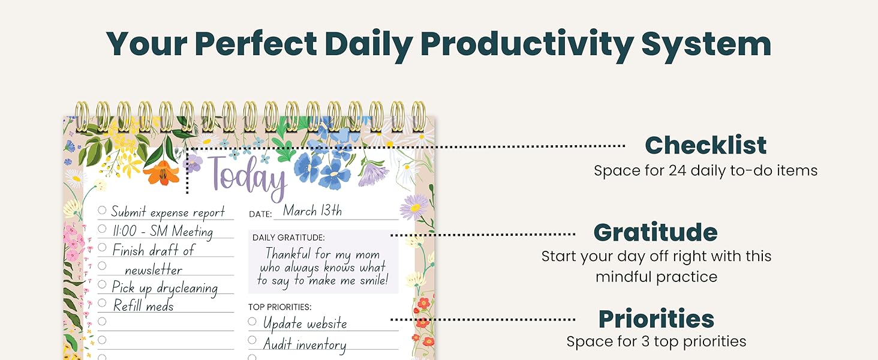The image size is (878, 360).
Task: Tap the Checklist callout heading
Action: [705, 145]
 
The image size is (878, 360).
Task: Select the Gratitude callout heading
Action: [656, 232]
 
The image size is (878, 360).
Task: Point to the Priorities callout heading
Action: [656, 319]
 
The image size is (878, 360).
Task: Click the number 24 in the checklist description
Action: [677, 170]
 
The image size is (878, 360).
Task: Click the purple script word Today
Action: [248, 177]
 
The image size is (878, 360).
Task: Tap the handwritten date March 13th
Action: [312, 211]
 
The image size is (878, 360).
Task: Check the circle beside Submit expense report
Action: [102, 210]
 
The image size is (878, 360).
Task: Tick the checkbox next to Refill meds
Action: [102, 303]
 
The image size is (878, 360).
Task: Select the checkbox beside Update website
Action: [252, 322]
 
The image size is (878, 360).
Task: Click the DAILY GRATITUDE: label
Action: [288, 238]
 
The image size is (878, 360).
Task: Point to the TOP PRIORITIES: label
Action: [280, 307]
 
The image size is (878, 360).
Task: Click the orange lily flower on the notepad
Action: [161, 173]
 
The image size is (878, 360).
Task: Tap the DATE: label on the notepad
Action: [260, 214]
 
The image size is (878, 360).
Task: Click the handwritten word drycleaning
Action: [187, 289]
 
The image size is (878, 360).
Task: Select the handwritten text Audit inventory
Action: [305, 344]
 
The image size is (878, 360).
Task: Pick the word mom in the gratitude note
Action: [368, 255]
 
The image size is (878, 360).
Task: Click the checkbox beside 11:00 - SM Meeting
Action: [102, 229]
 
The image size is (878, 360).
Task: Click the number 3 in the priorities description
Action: [645, 341]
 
